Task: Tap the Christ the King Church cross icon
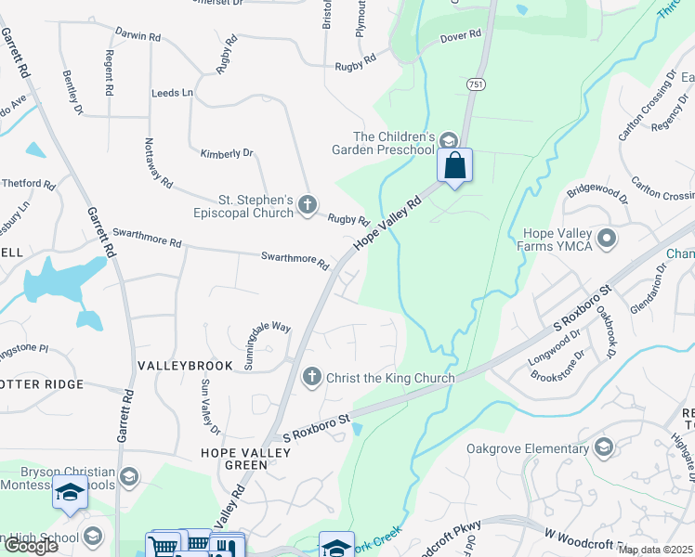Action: pos(312,377)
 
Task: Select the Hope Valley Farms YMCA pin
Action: pos(608,240)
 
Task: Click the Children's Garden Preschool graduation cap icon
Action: pos(448,141)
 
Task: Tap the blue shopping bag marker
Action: pos(455,166)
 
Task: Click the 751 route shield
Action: pos(475,84)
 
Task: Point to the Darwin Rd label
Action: pos(138,36)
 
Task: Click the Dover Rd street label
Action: pos(462,35)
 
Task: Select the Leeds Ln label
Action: pos(172,93)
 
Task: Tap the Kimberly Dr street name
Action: pos(227,153)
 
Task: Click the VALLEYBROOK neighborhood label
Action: pos(177,367)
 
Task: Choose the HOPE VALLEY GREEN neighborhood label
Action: pos(246,459)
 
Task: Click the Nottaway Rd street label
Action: pos(158,163)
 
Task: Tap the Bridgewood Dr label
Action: pos(598,193)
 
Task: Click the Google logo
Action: pos(31,546)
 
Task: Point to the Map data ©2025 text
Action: pos(655,550)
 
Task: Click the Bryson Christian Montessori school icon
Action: pos(128,476)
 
